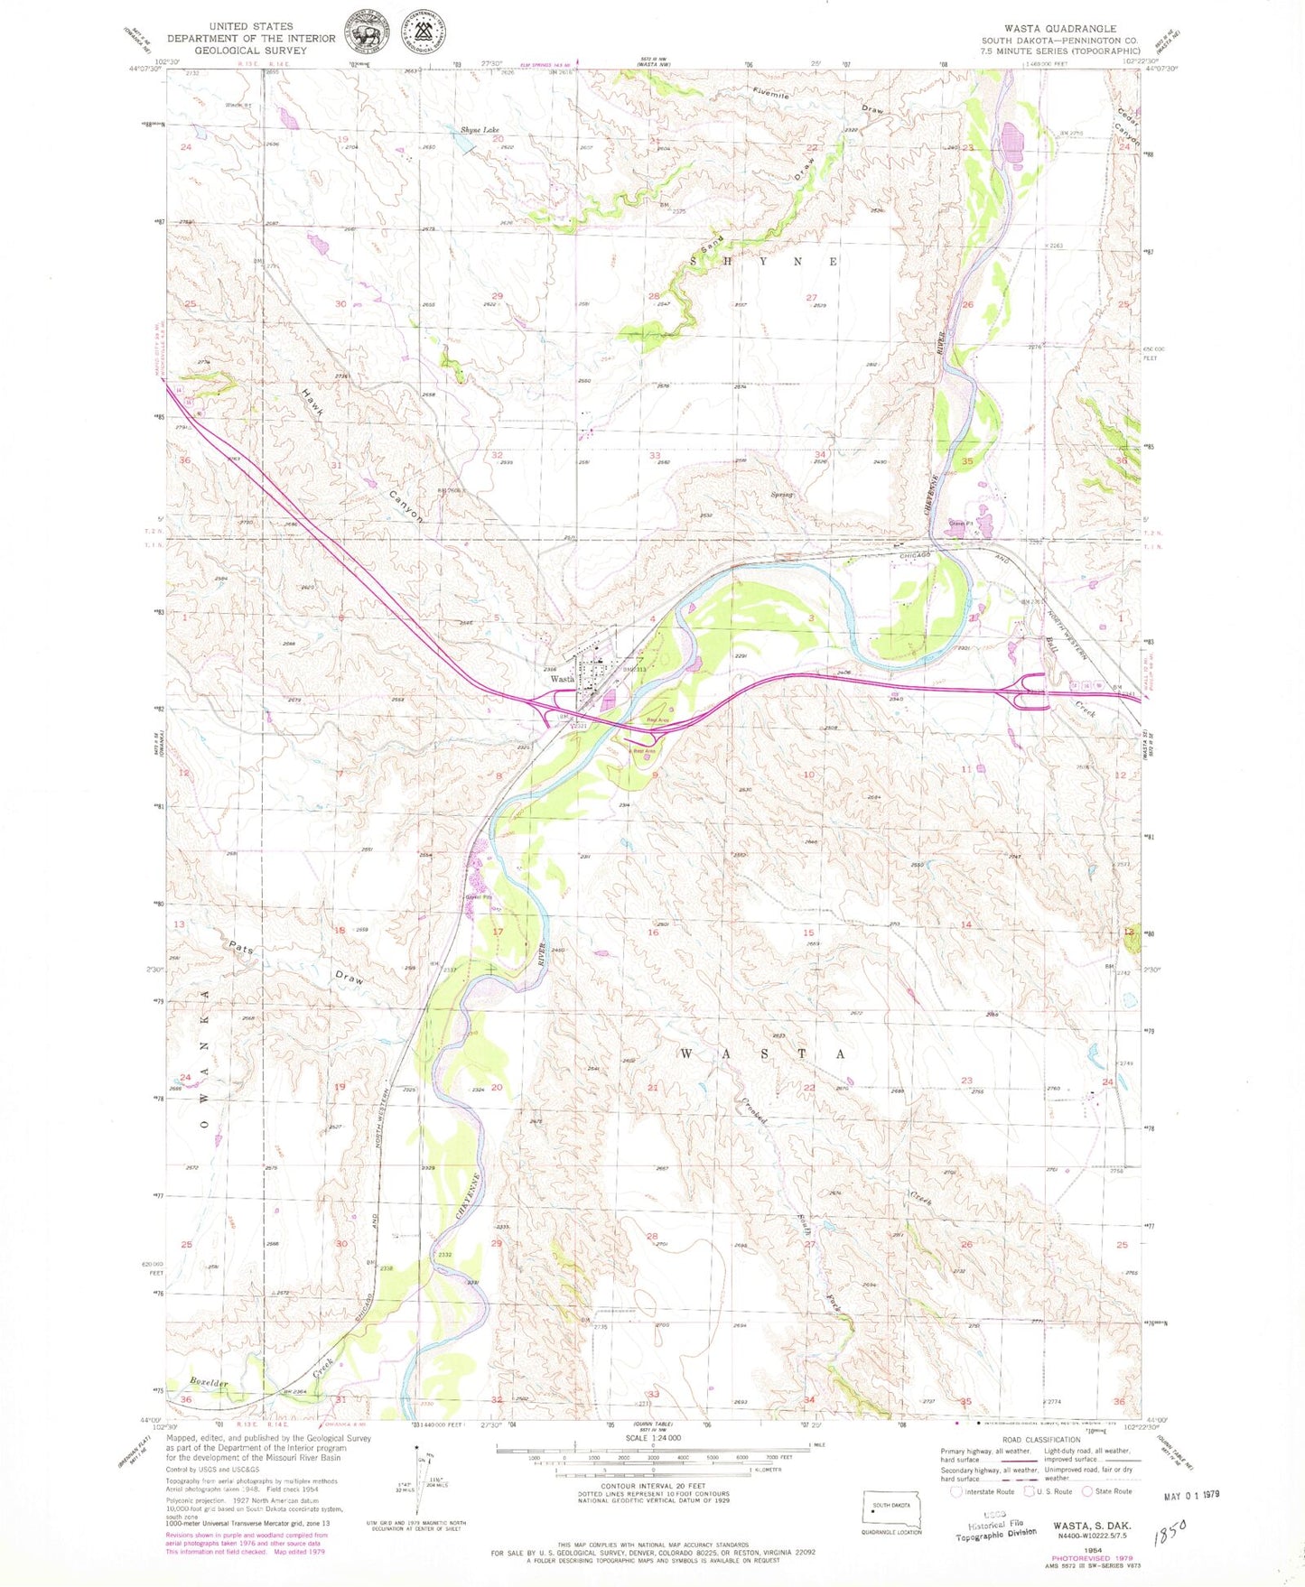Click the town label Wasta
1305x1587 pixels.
click(x=563, y=678)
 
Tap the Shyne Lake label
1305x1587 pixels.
click(x=480, y=130)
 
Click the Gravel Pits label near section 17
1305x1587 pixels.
click(x=478, y=897)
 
